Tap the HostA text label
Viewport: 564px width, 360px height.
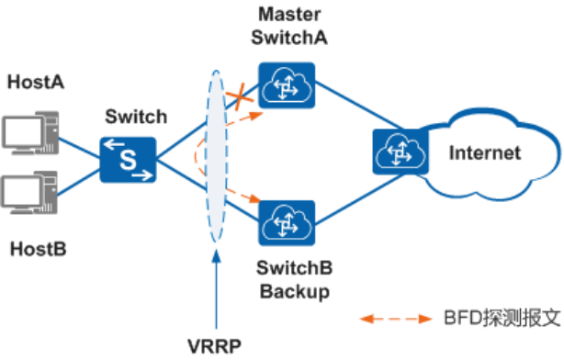[x=35, y=83]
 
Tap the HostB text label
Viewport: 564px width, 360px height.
[x=35, y=248]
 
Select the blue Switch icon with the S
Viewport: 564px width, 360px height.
[x=128, y=156]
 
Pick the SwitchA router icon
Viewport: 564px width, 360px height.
[x=287, y=85]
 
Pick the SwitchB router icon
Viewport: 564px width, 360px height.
[x=287, y=223]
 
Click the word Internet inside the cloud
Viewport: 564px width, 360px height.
[x=484, y=152]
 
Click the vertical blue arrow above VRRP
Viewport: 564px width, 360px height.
[x=217, y=294]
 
